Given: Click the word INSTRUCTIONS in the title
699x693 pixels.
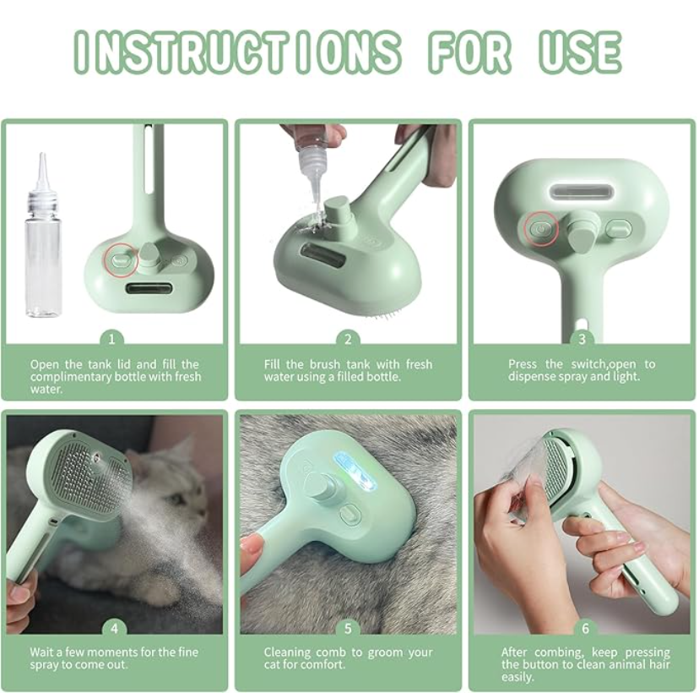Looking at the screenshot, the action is point(236,52).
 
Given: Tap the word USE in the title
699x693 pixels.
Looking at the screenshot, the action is point(580,52).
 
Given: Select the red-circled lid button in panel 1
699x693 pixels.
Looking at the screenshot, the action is point(120,259).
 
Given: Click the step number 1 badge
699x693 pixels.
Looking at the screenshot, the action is point(111,340).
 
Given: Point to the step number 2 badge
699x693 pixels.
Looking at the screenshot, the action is point(348,340).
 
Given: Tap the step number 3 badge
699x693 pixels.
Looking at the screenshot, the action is point(582,340).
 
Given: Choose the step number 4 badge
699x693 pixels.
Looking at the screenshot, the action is point(114,629).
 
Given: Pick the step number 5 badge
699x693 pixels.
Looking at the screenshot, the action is point(348,629).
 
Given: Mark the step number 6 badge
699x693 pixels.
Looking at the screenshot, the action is point(585,629).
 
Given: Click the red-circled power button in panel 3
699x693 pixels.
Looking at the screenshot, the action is point(541,229).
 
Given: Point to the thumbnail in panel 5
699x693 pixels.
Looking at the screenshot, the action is point(251,546).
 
